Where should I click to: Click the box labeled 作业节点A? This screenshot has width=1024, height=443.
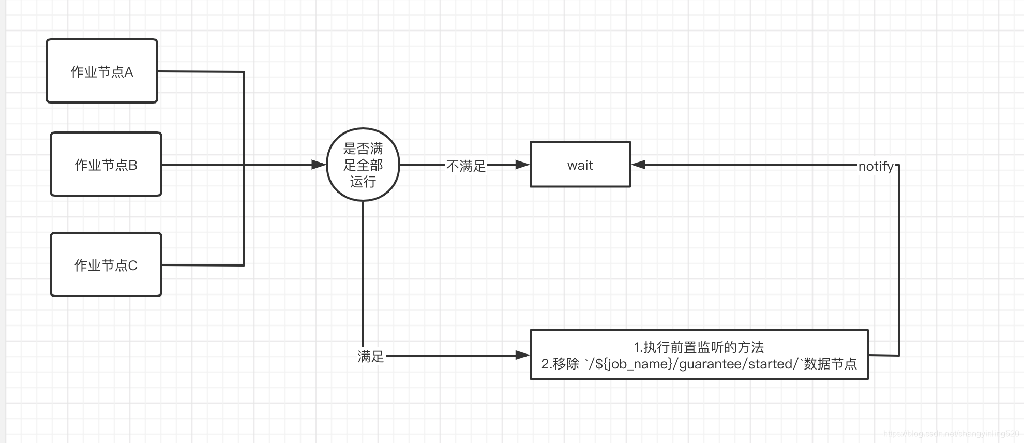(102, 71)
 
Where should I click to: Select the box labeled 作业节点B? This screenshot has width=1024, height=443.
(106, 165)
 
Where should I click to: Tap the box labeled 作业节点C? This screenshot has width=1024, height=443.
(106, 265)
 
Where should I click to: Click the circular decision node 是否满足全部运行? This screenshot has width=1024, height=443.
(363, 165)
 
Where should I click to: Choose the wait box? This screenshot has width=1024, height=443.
(580, 165)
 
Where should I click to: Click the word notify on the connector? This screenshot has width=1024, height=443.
(876, 166)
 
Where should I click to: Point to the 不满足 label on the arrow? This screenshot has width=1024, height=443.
(465, 166)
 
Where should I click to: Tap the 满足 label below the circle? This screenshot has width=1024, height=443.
(371, 356)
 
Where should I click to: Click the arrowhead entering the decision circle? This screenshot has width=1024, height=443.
(319, 165)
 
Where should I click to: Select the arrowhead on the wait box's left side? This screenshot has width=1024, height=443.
(522, 165)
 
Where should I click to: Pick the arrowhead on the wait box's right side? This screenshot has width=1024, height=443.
(639, 165)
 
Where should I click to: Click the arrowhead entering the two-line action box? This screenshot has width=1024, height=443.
(522, 355)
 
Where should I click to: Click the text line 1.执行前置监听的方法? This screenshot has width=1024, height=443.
(699, 347)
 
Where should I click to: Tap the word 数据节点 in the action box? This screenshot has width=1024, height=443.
(831, 364)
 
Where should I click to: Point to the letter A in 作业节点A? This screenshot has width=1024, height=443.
(129, 72)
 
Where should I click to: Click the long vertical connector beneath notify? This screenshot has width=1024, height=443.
(899, 259)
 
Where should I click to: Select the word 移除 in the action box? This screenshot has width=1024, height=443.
(566, 364)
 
